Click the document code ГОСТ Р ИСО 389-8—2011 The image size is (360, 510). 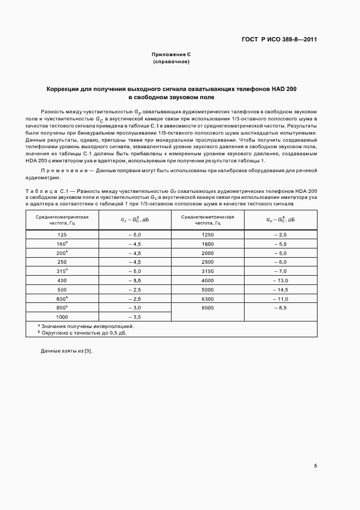click(x=279, y=39)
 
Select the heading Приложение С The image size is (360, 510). click(x=171, y=55)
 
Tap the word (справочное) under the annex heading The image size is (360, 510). click(x=171, y=62)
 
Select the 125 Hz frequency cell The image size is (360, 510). click(x=62, y=234)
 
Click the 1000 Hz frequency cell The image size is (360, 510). click(x=62, y=317)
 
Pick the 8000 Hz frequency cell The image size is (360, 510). click(x=207, y=308)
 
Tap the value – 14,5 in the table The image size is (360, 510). click(x=280, y=289)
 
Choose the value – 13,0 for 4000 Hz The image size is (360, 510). click(x=280, y=280)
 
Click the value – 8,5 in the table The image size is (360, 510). click(x=280, y=308)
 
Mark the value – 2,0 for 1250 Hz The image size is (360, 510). click(x=280, y=234)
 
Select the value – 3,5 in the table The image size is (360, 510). click(x=134, y=317)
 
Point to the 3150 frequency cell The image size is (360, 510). click(x=207, y=271)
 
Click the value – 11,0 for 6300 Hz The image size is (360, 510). click(x=280, y=299)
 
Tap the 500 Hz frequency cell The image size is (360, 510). click(x=62, y=289)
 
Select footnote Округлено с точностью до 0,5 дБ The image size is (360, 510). click(x=83, y=332)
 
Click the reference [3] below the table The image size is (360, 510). click(x=88, y=351)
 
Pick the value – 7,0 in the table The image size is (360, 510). click(x=280, y=271)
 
